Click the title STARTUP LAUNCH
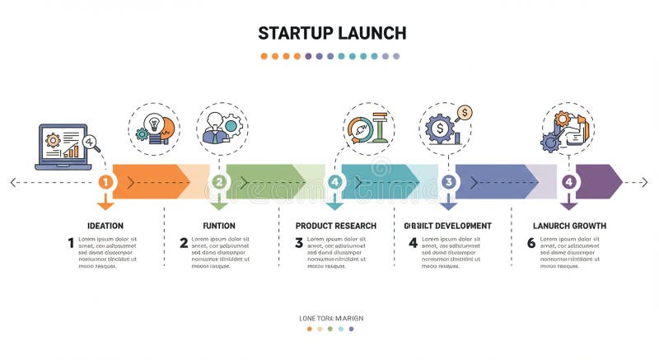331,33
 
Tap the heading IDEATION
105,226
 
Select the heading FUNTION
219,226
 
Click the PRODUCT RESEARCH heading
335,226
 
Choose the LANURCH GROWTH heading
569,226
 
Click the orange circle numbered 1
105,182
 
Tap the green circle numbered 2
219,182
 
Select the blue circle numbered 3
449,182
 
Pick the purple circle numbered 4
568,182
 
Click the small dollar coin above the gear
465,112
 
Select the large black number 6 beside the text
531,243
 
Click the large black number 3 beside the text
299,243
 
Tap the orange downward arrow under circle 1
105,201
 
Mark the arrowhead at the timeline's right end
643,182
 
